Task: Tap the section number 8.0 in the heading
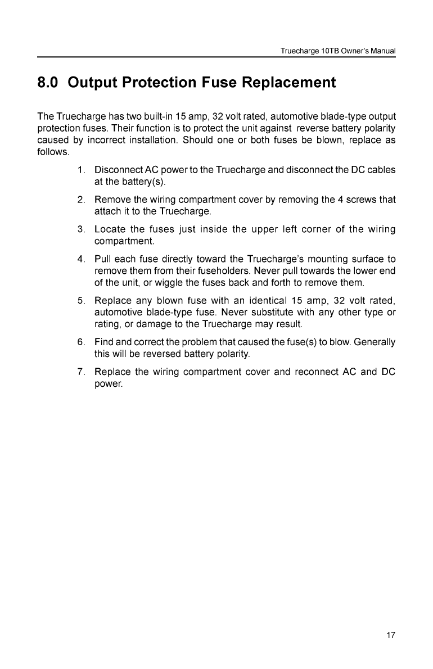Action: pyautogui.click(x=48, y=83)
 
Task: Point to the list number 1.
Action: pyautogui.click(x=82, y=170)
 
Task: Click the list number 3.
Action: pyautogui.click(x=82, y=229)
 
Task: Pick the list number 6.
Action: pyautogui.click(x=82, y=342)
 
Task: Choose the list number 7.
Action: pyautogui.click(x=82, y=372)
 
